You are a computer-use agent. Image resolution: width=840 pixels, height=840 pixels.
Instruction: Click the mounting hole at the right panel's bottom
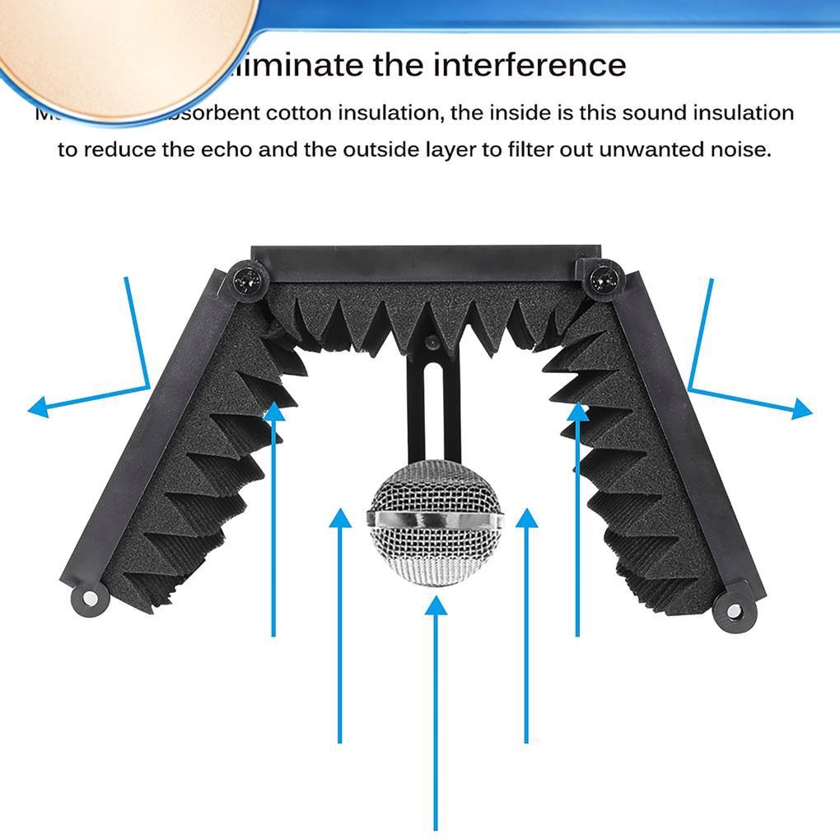[730, 612]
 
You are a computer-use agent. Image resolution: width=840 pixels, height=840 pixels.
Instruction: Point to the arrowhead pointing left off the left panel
[36, 407]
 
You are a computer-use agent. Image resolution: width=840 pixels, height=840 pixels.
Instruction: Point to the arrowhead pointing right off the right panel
[802, 408]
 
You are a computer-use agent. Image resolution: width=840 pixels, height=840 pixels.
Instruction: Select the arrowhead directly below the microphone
[436, 607]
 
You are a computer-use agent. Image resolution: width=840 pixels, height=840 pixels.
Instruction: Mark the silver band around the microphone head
[435, 520]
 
